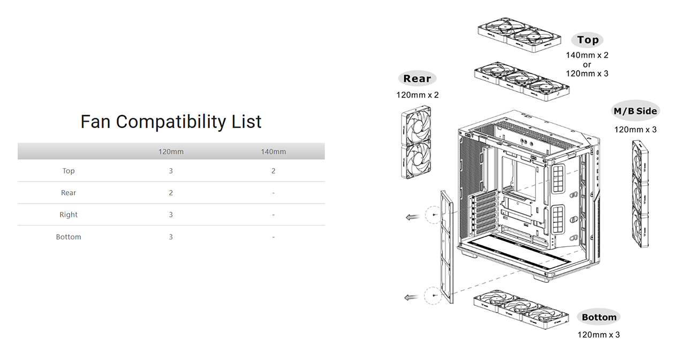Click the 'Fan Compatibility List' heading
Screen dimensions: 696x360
pyautogui.click(x=171, y=122)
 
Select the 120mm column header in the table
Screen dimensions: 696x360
pyautogui.click(x=171, y=152)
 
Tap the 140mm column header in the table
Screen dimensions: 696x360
pyautogui.click(x=273, y=152)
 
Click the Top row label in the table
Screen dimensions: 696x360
pyautogui.click(x=69, y=171)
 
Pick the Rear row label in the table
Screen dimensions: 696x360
pyautogui.click(x=69, y=193)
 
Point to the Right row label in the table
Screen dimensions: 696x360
pyautogui.click(x=69, y=214)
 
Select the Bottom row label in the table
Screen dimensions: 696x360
pyautogui.click(x=69, y=237)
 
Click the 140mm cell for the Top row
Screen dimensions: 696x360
pyautogui.click(x=273, y=171)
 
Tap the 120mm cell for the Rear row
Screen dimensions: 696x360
pyautogui.click(x=171, y=193)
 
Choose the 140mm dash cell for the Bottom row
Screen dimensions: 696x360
pyautogui.click(x=273, y=237)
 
